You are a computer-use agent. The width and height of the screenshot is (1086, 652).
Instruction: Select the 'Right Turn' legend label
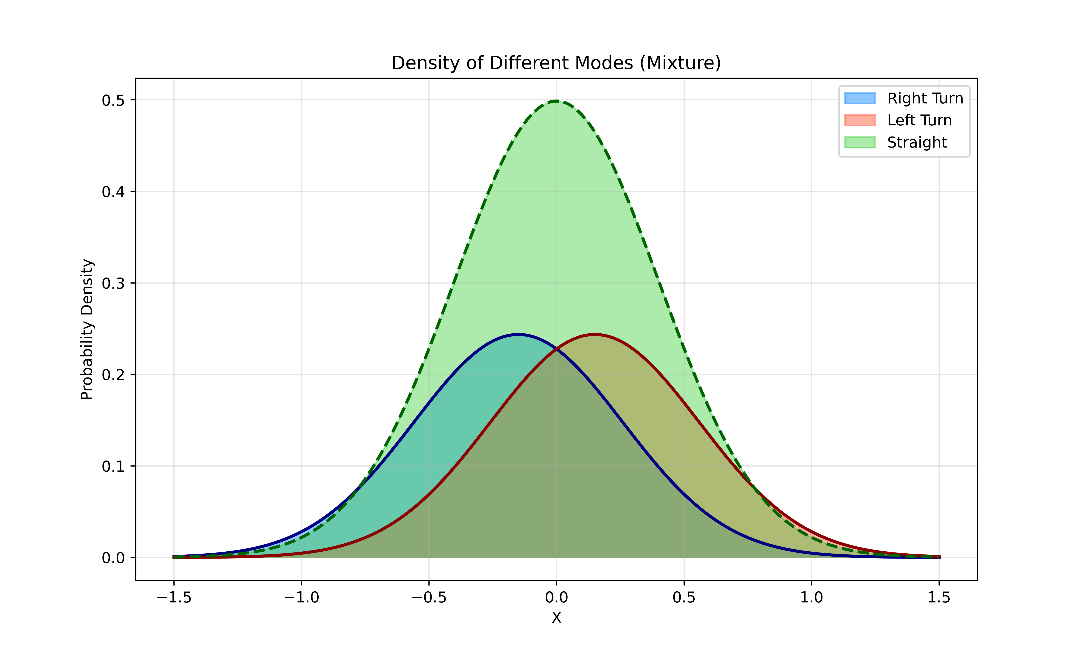point(925,98)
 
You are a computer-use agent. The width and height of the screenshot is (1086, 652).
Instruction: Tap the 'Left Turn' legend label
point(919,120)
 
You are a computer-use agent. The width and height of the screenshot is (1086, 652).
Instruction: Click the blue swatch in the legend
point(859,98)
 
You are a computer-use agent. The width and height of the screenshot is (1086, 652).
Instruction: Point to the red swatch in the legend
point(859,120)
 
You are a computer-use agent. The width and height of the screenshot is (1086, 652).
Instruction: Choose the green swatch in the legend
point(859,142)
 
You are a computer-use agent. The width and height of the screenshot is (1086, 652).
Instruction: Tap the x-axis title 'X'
point(556,618)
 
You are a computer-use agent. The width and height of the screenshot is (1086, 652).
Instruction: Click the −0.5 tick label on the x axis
point(429,597)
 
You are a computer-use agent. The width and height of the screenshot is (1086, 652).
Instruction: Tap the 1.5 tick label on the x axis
point(939,597)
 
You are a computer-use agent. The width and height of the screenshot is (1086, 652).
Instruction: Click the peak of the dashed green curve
point(556,101)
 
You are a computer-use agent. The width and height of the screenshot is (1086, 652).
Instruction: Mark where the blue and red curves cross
point(556,349)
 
